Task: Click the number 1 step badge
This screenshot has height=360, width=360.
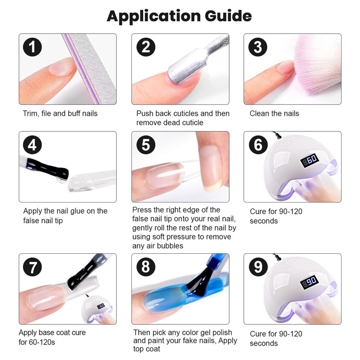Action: point(32,47)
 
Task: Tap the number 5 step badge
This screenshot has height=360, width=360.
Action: point(146,145)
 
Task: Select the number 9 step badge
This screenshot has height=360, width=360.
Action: point(258,267)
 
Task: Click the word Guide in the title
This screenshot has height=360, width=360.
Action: point(228,16)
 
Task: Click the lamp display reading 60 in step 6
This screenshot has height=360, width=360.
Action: point(310,160)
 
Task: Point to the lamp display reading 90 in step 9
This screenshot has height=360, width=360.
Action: point(310,283)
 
